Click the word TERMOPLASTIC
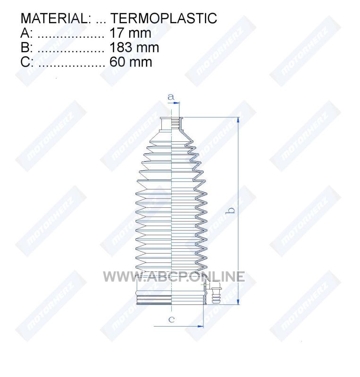click(164, 18)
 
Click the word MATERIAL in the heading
click(54, 18)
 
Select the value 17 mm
click(130, 33)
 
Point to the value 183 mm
click(134, 48)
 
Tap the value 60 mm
click(131, 62)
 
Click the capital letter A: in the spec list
click(26, 33)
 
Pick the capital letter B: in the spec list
click(26, 48)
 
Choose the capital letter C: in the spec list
click(27, 62)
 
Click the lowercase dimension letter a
click(171, 97)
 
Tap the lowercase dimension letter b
click(231, 211)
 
